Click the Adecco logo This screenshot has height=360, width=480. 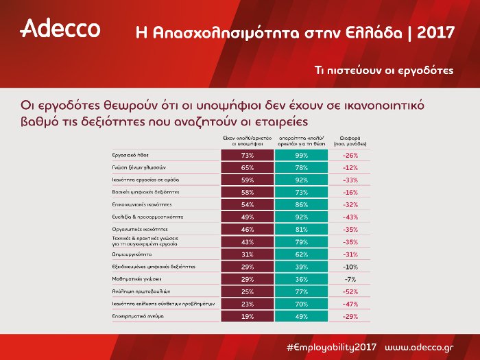[60, 29]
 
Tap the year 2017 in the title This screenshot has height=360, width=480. [435, 32]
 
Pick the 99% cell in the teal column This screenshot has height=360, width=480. [302, 156]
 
